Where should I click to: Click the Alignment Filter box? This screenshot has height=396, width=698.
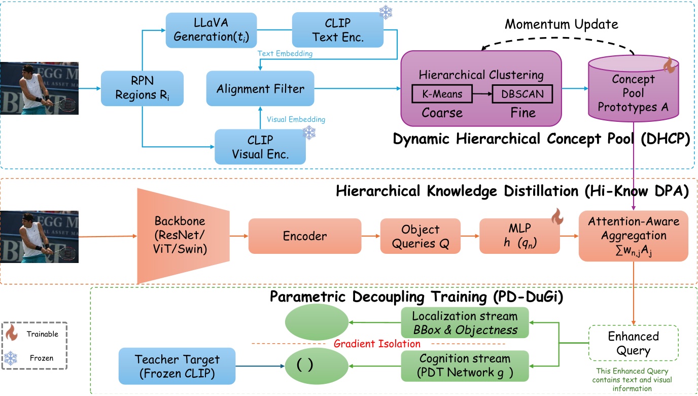(x=260, y=89)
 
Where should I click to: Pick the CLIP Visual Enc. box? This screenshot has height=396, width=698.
(x=260, y=147)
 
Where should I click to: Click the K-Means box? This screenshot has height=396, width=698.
(x=441, y=94)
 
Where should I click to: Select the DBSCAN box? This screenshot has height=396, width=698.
(x=522, y=94)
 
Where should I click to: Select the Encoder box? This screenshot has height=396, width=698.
(x=304, y=236)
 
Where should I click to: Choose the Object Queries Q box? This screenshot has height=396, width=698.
(x=420, y=236)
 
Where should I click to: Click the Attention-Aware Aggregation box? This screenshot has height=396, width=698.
(x=634, y=236)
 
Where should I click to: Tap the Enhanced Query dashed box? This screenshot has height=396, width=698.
(x=633, y=343)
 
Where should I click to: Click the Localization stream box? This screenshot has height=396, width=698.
(x=465, y=323)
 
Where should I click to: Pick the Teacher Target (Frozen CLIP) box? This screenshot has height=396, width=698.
(x=178, y=366)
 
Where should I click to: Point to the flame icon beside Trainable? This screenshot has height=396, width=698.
(x=12, y=334)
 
